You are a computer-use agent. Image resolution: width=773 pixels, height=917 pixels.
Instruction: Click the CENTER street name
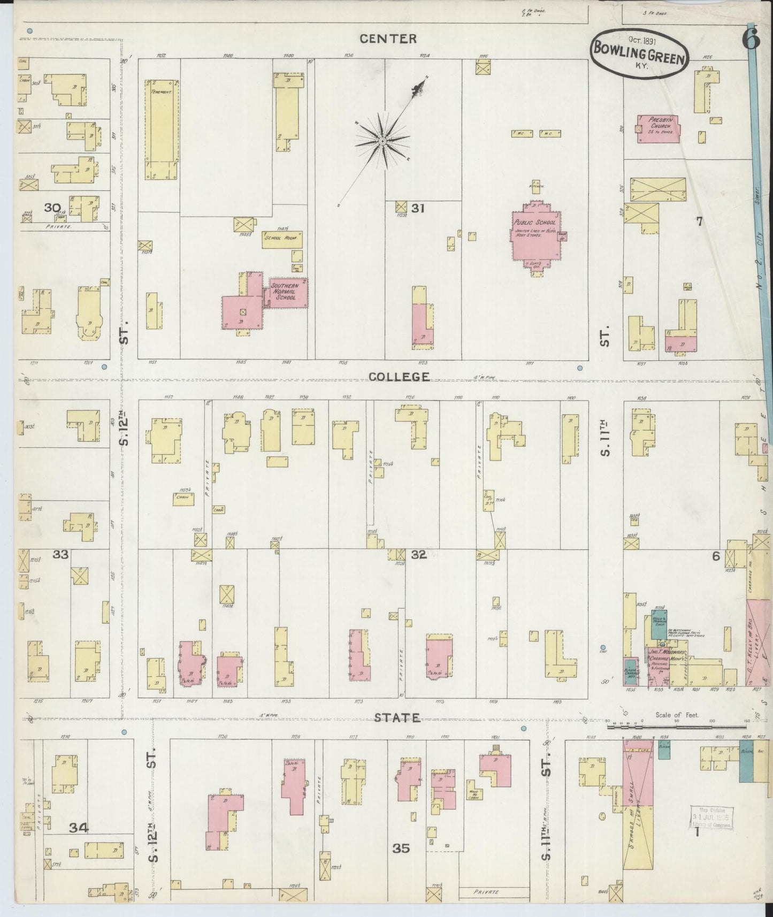pyautogui.click(x=388, y=39)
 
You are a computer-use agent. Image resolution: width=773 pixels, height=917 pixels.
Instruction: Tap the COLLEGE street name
pyautogui.click(x=399, y=376)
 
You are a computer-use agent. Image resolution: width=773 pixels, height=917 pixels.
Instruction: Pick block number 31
pyautogui.click(x=418, y=208)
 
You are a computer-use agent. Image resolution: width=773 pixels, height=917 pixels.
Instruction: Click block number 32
pyautogui.click(x=418, y=554)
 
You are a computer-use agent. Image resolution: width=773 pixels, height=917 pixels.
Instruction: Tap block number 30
pyautogui.click(x=52, y=207)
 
